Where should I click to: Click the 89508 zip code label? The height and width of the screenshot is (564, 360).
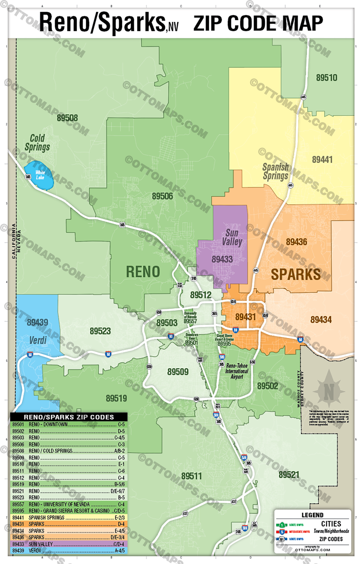pyautogui.click(x=67, y=118)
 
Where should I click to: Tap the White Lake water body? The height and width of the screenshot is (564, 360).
pyautogui.click(x=40, y=175)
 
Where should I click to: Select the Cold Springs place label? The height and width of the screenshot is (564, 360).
pyautogui.click(x=37, y=143)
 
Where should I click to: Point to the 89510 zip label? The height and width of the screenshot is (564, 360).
pyautogui.click(x=326, y=78)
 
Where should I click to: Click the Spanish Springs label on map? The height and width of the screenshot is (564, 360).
pyautogui.click(x=275, y=172)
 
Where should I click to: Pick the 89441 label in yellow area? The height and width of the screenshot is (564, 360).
pyautogui.click(x=322, y=160)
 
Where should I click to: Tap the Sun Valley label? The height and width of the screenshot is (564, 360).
pyautogui.click(x=232, y=237)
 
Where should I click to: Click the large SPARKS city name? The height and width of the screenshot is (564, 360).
pyautogui.click(x=295, y=275)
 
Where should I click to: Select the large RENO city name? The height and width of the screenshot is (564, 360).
pyautogui.click(x=143, y=272)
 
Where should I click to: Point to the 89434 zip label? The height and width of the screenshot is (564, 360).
pyautogui.click(x=321, y=320)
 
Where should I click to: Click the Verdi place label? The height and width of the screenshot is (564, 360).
pyautogui.click(x=38, y=340)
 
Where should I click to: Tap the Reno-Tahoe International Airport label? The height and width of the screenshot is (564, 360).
pyautogui.click(x=237, y=371)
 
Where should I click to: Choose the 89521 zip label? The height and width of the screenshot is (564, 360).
pyautogui.click(x=289, y=475)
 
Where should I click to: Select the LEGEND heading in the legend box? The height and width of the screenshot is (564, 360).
pyautogui.click(x=312, y=515)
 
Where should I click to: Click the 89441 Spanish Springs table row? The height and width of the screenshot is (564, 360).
pyautogui.click(x=69, y=518)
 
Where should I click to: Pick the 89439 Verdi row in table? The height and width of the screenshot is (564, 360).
pyautogui.click(x=69, y=551)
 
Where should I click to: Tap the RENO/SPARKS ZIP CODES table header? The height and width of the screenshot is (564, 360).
pyautogui.click(x=69, y=417)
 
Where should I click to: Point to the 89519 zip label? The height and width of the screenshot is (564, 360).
pyautogui.click(x=116, y=398)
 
